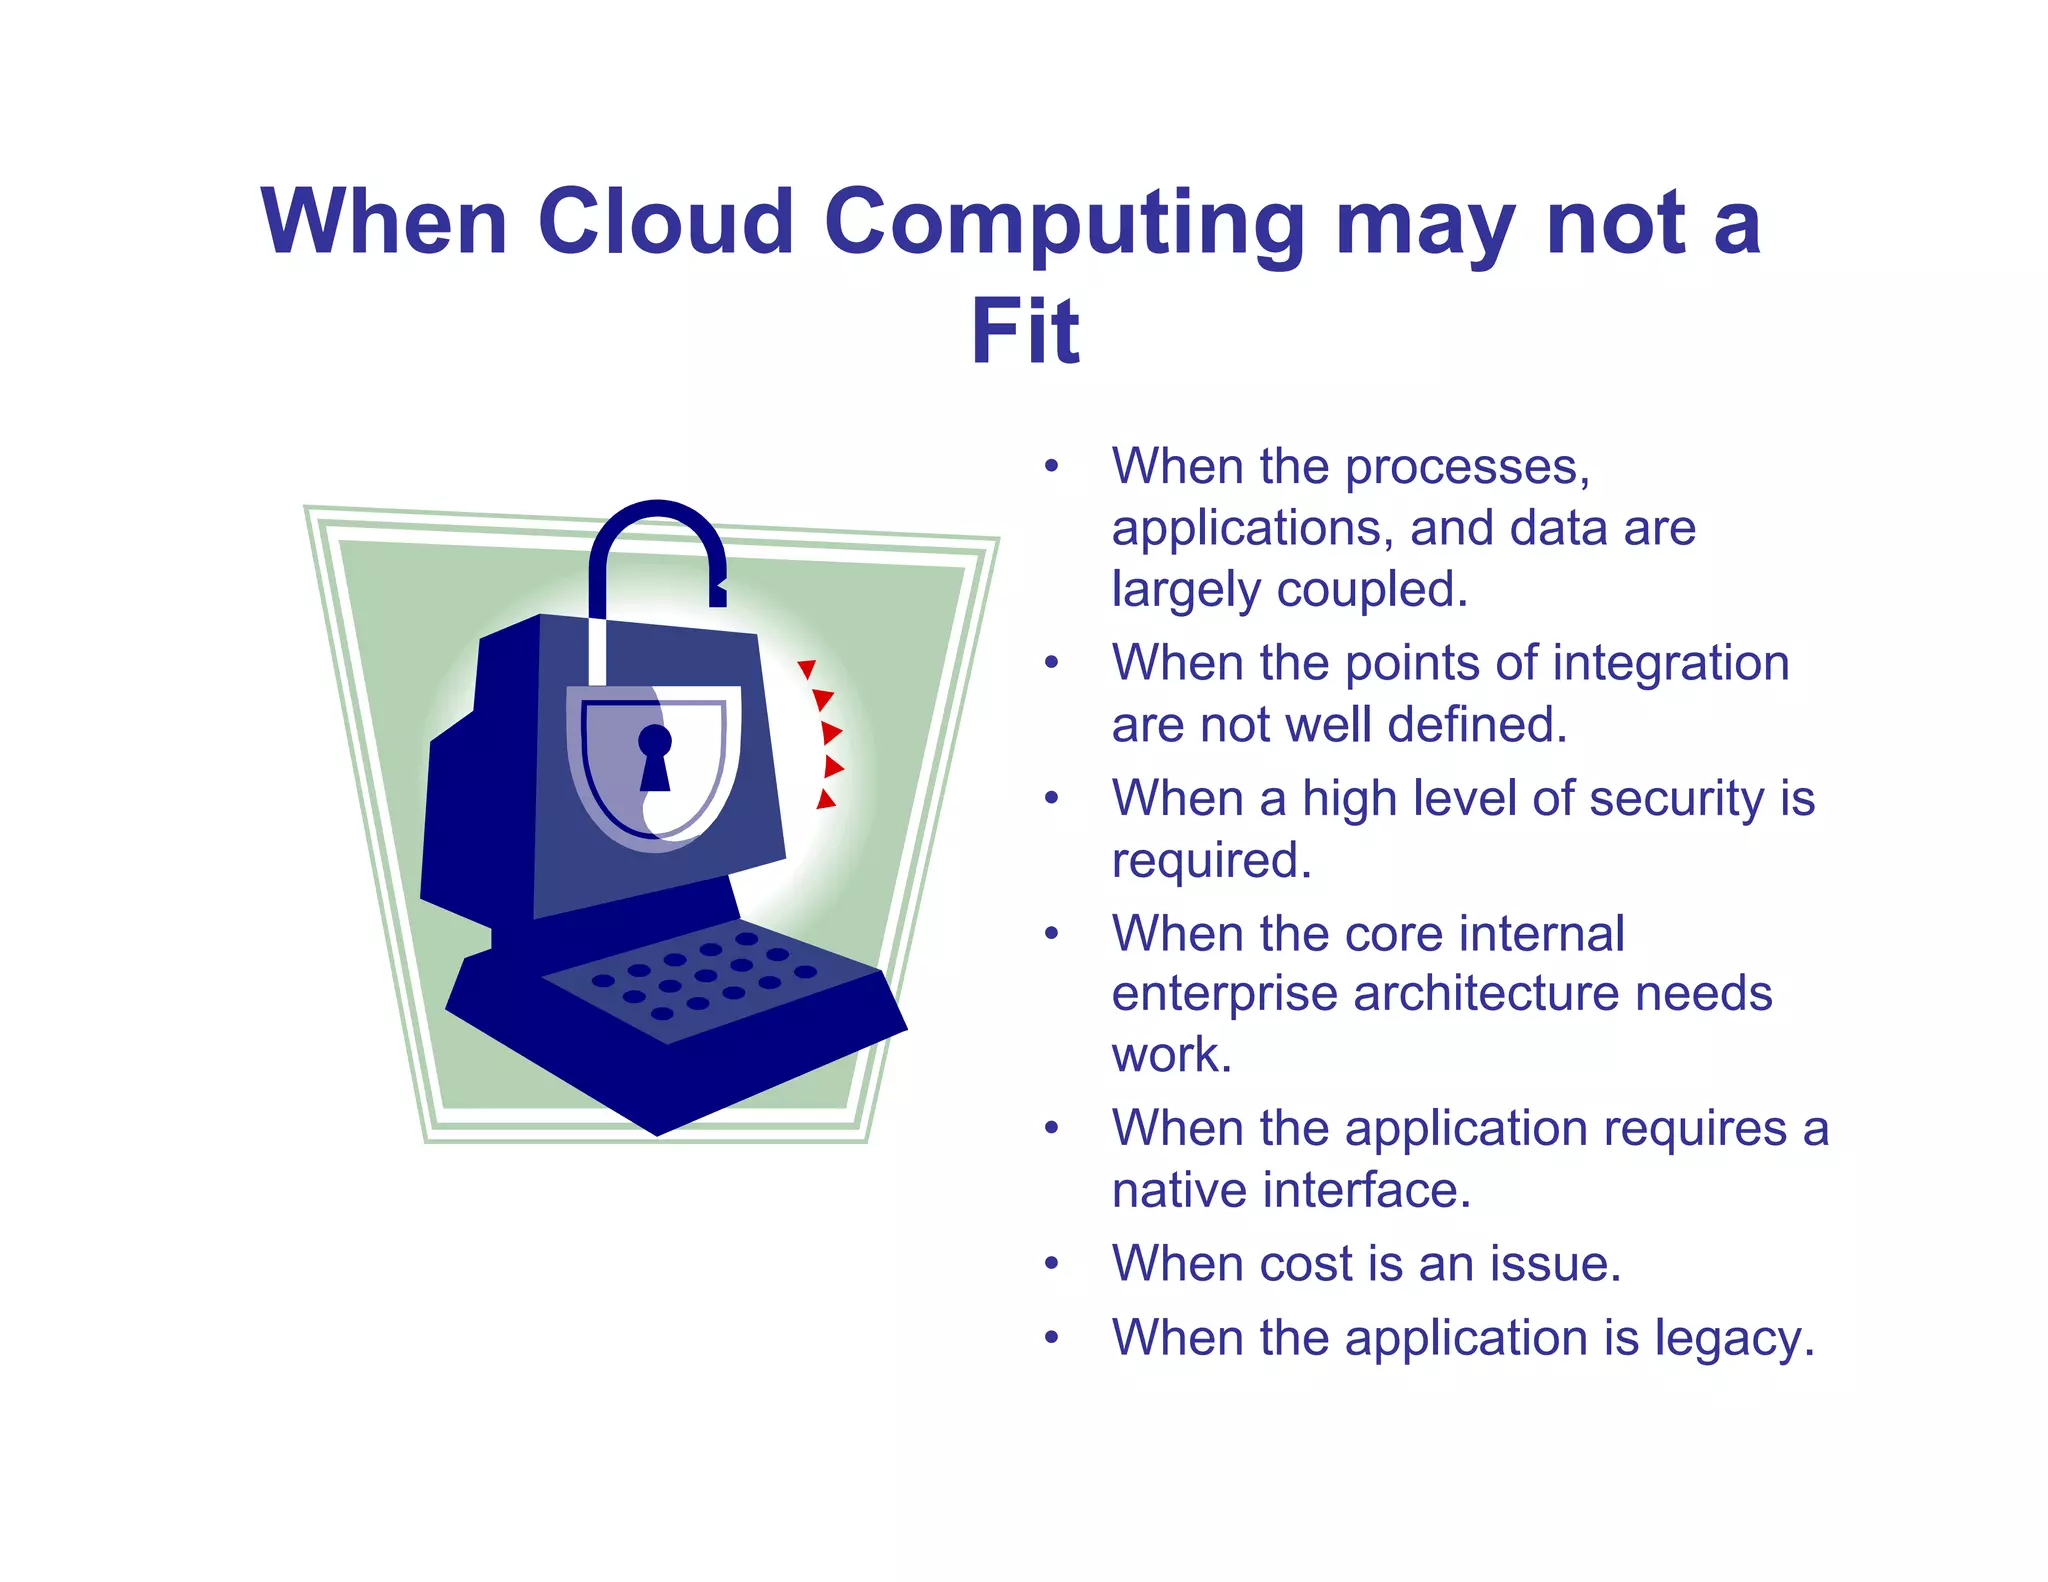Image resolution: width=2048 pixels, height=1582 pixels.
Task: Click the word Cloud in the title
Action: coord(665,221)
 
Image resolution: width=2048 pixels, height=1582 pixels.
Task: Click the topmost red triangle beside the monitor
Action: coord(807,669)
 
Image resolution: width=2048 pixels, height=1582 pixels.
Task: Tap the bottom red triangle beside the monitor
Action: coord(826,799)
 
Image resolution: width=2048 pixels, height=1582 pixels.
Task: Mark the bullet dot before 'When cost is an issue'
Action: coord(1051,1264)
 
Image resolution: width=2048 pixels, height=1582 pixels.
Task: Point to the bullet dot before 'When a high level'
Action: coord(1051,799)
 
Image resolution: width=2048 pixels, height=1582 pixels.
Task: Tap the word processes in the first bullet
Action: coord(1467,468)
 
